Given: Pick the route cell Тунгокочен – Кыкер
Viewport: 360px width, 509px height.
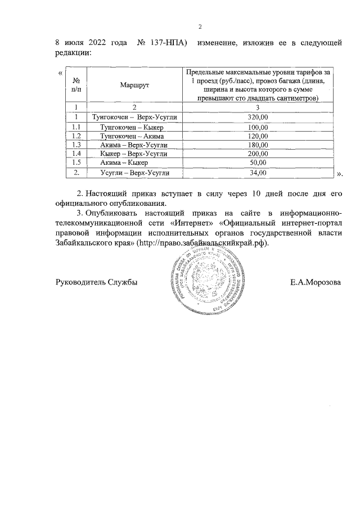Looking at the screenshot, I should pos(132,127).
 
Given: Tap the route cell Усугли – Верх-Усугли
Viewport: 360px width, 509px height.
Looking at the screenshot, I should pos(134,173).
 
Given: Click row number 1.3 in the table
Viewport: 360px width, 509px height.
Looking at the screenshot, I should pos(76,145).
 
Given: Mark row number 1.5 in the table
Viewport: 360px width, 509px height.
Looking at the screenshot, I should pos(76,163).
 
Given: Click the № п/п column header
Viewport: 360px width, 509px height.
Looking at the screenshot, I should pos(76,84).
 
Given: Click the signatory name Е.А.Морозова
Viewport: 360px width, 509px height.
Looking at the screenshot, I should pos(315,282).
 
